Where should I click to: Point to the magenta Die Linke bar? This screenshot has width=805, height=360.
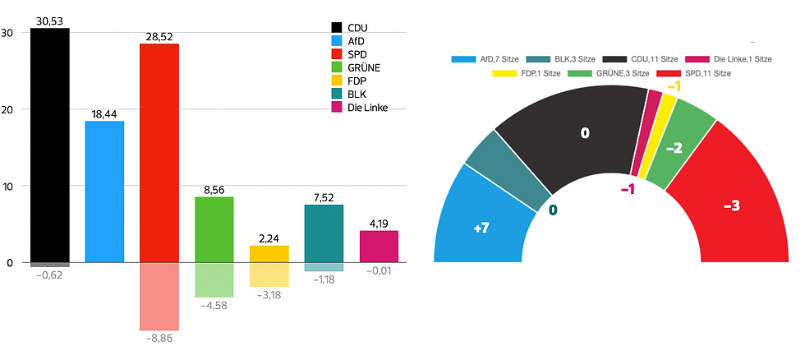tap(379, 247)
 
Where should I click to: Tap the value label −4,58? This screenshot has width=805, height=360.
tap(214, 305)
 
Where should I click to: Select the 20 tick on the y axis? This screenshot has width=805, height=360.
tap(7, 110)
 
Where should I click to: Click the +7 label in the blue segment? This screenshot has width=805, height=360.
tap(482, 228)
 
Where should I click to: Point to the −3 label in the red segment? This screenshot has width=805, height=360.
tap(731, 205)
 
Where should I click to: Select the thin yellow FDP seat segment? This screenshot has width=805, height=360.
tap(646, 136)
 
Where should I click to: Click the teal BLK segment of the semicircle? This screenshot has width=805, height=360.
tap(508, 170)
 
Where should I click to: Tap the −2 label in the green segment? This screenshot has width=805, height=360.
tap(674, 148)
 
